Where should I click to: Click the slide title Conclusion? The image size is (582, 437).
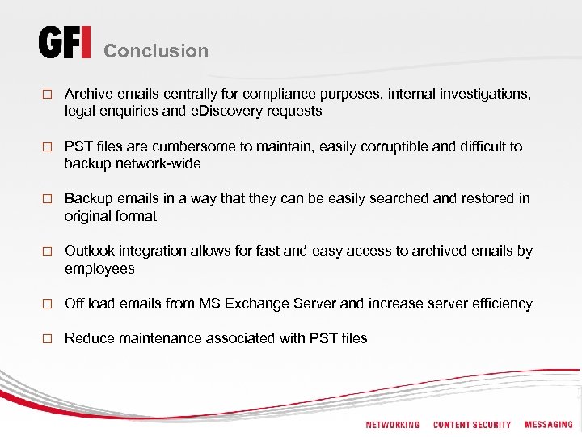pyautogui.click(x=156, y=51)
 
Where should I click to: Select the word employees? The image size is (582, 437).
pyautogui.click(x=99, y=268)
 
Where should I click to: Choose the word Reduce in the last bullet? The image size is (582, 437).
pyautogui.click(x=89, y=338)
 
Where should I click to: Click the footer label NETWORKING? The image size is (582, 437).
pyautogui.click(x=393, y=425)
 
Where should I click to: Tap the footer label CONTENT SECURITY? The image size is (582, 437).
pyautogui.click(x=472, y=425)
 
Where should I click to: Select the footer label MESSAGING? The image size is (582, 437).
pyautogui.click(x=548, y=425)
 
